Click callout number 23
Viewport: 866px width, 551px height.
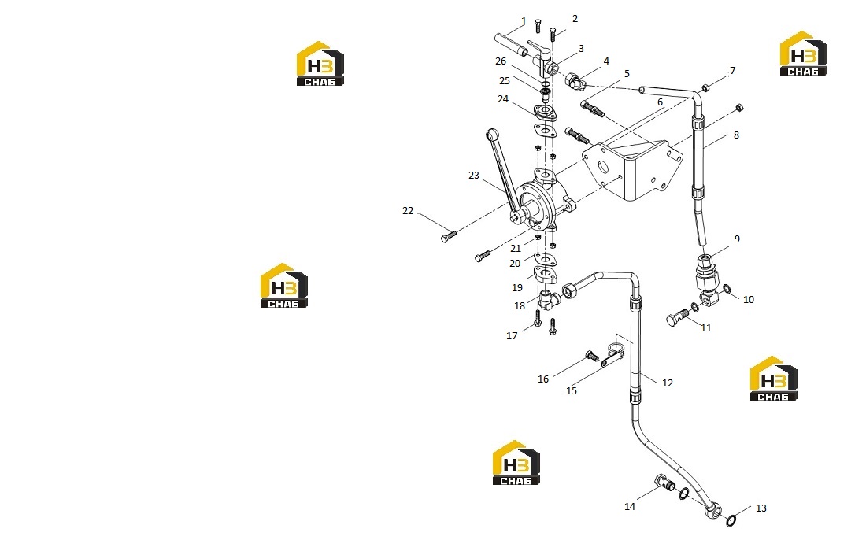coord(474,176)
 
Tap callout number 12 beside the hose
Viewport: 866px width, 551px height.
coord(667,383)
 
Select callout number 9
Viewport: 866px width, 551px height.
coord(737,239)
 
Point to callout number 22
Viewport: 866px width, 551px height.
coord(408,211)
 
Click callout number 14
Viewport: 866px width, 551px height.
coord(630,507)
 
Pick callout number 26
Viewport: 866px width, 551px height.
coord(501,61)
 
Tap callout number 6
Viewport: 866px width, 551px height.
coord(660,102)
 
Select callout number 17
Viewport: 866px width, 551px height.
coord(512,335)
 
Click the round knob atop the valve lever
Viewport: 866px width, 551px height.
coord(493,134)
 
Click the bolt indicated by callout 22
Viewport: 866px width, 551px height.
coord(449,237)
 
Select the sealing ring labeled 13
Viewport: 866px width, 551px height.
coord(731,520)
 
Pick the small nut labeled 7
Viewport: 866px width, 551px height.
coord(705,87)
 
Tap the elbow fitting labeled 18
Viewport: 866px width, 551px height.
coord(548,300)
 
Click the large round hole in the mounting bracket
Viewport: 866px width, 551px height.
coord(602,167)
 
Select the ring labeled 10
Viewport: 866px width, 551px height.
coord(727,289)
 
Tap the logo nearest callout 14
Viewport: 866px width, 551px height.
coord(516,463)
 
